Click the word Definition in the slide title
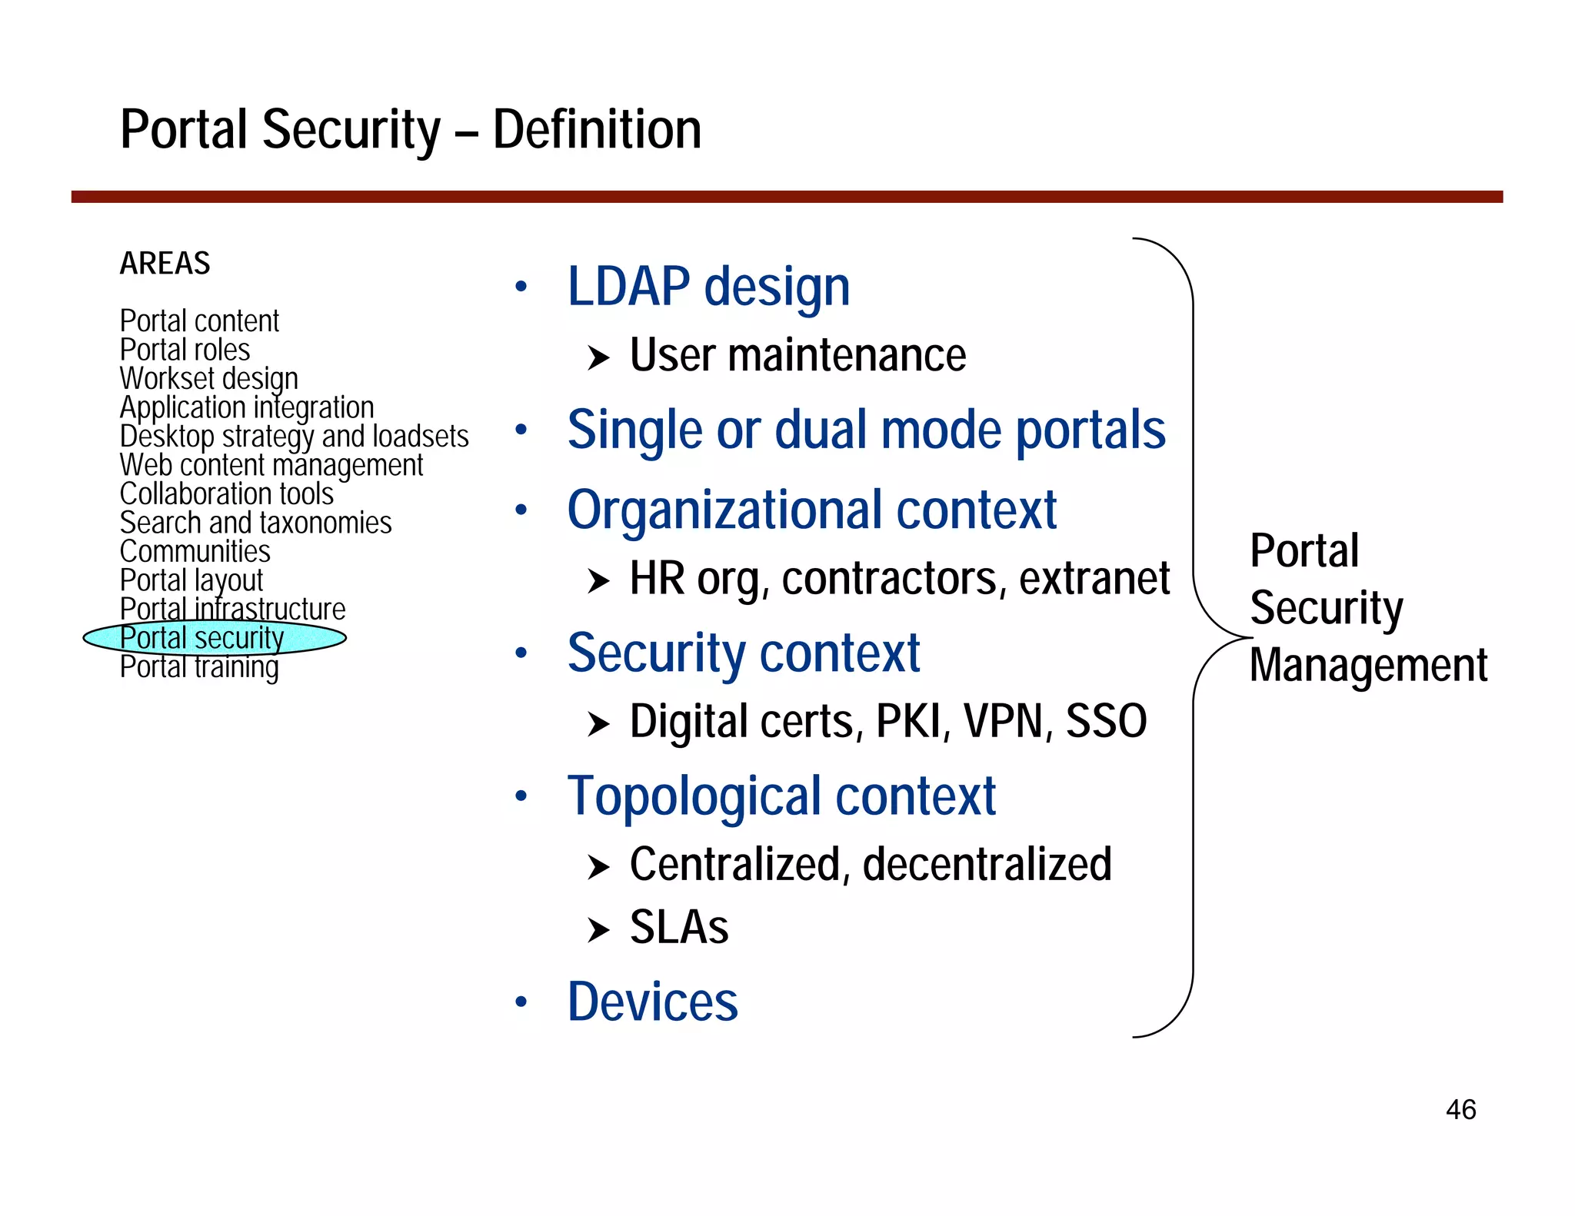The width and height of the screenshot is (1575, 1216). point(597,129)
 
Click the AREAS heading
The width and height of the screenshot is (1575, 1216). point(165,264)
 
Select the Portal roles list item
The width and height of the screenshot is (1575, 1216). point(185,350)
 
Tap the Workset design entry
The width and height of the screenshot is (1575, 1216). point(208,379)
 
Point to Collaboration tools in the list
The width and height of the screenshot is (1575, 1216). point(226,493)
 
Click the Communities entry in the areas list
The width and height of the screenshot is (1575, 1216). point(195,551)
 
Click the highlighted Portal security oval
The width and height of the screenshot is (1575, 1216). point(214,638)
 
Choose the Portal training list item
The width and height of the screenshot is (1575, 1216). point(198,667)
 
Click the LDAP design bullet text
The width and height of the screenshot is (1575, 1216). point(708,287)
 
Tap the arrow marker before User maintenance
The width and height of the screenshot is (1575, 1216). point(598,357)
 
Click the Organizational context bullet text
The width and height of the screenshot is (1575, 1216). point(811,510)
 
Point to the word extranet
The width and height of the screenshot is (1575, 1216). point(1094,578)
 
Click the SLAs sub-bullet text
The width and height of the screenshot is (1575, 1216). point(679,927)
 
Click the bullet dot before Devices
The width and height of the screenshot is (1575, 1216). point(521,1002)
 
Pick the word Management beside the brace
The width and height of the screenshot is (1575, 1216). point(1368,665)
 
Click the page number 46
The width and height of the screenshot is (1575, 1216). point(1460,1109)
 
